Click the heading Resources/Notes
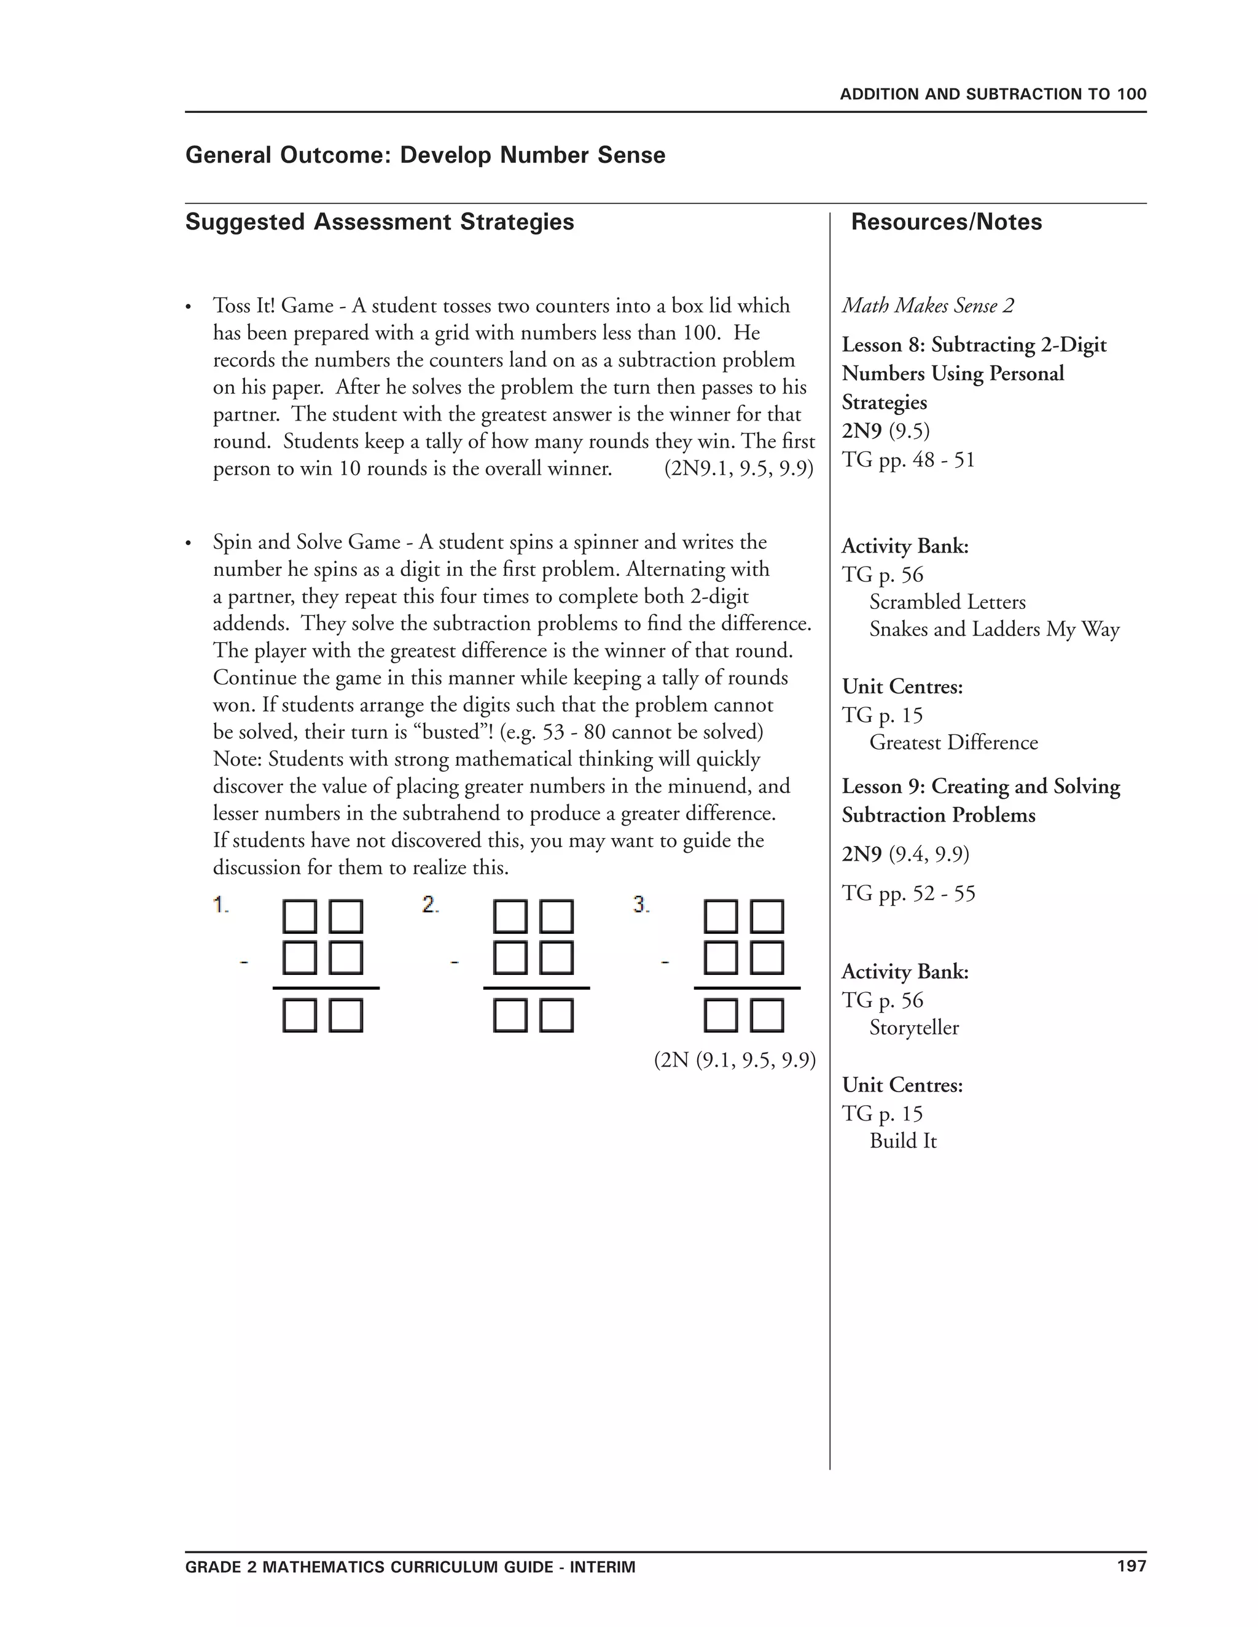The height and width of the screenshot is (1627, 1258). pyautogui.click(x=946, y=222)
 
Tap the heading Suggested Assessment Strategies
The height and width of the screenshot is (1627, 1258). pyautogui.click(x=380, y=222)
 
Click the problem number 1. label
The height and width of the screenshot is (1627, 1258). pyautogui.click(x=221, y=905)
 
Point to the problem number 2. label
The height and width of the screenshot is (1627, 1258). pyautogui.click(x=430, y=905)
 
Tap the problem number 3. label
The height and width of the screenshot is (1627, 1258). pyautogui.click(x=641, y=905)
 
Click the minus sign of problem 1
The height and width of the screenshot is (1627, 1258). pyautogui.click(x=243, y=963)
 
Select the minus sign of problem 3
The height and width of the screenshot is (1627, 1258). pyautogui.click(x=665, y=963)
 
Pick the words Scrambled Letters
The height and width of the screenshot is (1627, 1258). pyautogui.click(x=947, y=602)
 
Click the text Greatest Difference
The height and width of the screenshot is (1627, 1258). pyautogui.click(x=953, y=743)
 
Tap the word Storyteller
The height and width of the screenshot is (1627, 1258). pyautogui.click(x=913, y=1028)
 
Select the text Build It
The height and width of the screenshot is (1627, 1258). pyautogui.click(x=902, y=1141)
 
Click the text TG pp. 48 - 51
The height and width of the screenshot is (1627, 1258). pyautogui.click(x=908, y=460)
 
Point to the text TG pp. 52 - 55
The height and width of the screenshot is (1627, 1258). pyautogui.click(x=908, y=893)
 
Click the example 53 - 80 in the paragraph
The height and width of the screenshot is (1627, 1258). pyautogui.click(x=573, y=732)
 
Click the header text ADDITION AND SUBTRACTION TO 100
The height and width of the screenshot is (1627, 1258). pyautogui.click(x=993, y=95)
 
